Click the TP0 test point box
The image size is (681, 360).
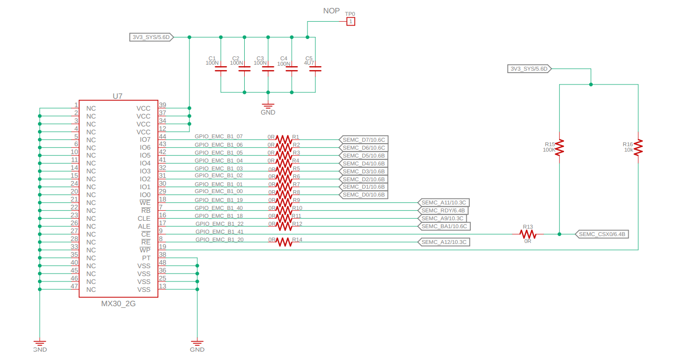click(350, 21)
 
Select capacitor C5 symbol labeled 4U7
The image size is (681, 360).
click(315, 69)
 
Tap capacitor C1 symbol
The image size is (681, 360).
click(221, 69)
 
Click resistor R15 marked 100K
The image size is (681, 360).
click(559, 147)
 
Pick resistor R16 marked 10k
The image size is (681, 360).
click(638, 147)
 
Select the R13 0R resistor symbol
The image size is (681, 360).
click(531, 234)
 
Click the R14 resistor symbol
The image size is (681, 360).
click(284, 242)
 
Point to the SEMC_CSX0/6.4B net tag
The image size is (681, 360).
click(602, 234)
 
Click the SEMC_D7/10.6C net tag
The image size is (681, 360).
click(364, 140)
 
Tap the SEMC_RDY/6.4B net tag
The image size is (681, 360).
click(443, 210)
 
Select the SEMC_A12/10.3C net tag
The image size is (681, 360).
click(444, 242)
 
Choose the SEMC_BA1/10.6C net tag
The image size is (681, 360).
click(444, 226)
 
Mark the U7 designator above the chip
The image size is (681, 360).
click(117, 96)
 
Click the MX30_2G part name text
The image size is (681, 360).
click(118, 304)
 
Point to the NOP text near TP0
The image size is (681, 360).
click(331, 11)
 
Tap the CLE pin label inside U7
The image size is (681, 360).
click(144, 218)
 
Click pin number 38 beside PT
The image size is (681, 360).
click(162, 255)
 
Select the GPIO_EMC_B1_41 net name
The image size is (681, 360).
click(219, 232)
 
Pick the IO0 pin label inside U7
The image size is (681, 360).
click(145, 195)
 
